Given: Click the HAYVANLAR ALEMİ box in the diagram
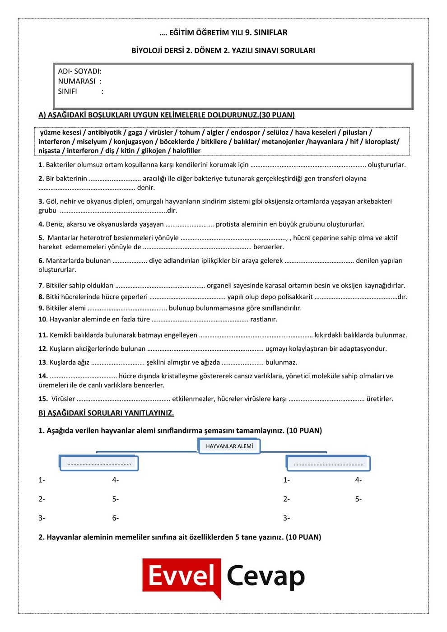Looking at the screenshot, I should [x=229, y=446].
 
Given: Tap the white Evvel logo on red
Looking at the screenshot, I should [x=182, y=576].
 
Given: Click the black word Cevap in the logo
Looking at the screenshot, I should [x=265, y=576].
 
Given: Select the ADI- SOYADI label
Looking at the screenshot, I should [x=79, y=71].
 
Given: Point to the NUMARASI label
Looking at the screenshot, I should [x=77, y=81].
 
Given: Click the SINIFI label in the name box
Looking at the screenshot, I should [x=67, y=91].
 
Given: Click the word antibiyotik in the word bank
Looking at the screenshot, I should [x=105, y=132].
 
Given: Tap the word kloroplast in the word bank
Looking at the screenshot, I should [x=381, y=141].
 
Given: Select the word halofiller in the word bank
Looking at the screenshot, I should [x=186, y=151].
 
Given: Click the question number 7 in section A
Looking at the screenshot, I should [x=41, y=285].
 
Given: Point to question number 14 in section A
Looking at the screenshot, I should [x=43, y=376].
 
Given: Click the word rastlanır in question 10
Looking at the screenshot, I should [x=264, y=319].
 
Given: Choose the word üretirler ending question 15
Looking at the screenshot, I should [x=380, y=399].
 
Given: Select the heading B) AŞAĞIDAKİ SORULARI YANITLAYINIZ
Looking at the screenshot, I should [x=106, y=413].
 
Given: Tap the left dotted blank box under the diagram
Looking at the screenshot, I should [x=99, y=463].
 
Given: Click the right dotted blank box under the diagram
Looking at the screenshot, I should [x=328, y=463].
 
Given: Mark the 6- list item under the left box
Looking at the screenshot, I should [x=116, y=518].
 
